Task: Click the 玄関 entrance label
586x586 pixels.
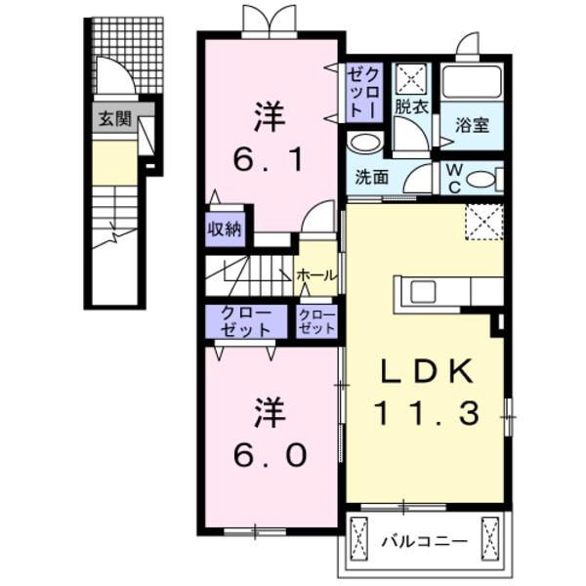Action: point(113,119)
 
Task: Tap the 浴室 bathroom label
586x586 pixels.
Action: point(472,124)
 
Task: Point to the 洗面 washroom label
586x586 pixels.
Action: point(372,179)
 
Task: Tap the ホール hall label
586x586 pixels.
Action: point(317,275)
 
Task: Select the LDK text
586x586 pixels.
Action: point(427,372)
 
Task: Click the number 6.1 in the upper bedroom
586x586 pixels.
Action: point(269,159)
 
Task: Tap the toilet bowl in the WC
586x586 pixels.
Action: point(481,180)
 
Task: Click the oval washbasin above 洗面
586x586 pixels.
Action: point(366,143)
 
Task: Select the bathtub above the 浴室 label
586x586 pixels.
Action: point(472,82)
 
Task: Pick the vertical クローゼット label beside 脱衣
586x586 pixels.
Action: point(368,91)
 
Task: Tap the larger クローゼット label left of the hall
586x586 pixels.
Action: point(246,321)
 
